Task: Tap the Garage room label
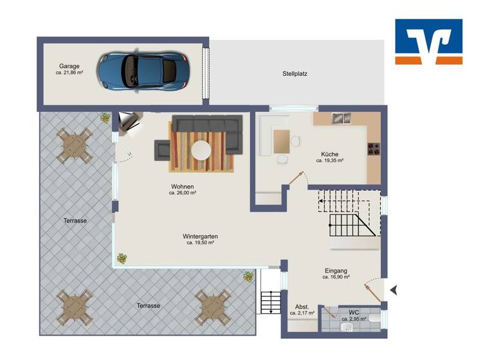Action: (x=69, y=66)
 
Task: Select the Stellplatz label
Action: (x=295, y=74)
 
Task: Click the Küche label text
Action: (x=329, y=154)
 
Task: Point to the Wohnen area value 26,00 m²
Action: (x=182, y=193)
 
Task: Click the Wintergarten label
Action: (x=200, y=236)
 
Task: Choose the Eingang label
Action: (x=336, y=271)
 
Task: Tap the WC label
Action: (x=354, y=312)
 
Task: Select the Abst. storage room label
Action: (x=302, y=307)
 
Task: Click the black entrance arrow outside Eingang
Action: (x=394, y=291)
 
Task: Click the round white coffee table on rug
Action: (x=201, y=151)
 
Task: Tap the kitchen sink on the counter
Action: (x=341, y=118)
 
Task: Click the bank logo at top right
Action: (x=428, y=42)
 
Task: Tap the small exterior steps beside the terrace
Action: (x=270, y=302)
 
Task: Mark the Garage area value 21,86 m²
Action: (x=69, y=73)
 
